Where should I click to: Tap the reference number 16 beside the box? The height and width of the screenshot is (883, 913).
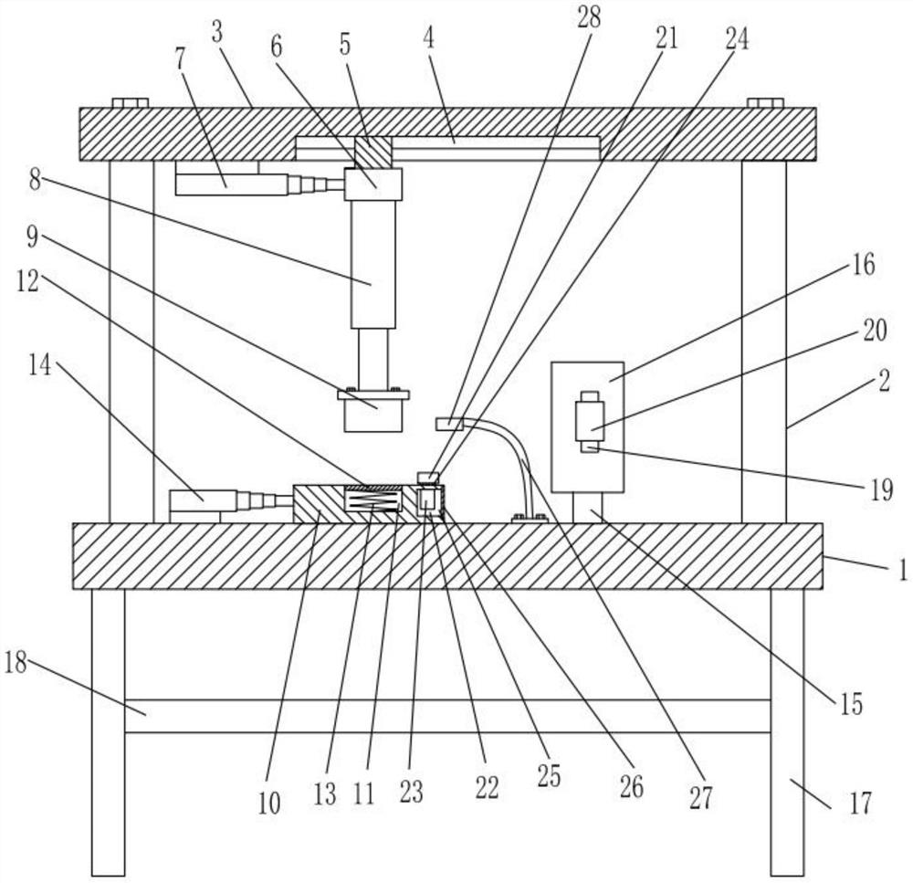point(864,267)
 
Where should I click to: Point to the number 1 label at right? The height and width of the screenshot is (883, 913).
point(902,571)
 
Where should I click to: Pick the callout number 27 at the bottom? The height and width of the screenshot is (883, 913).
point(700,798)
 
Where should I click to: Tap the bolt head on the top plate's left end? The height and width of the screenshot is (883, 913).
point(130,102)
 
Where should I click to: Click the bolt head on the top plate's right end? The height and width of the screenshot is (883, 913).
point(764,102)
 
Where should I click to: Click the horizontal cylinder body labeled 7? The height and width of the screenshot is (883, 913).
point(228,184)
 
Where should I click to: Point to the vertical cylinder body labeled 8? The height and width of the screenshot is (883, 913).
point(373,265)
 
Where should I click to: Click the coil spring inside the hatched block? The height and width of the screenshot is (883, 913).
point(371,499)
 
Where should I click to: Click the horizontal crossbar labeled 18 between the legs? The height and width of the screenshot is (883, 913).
point(447,716)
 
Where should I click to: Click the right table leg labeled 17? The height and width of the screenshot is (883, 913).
point(787,731)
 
